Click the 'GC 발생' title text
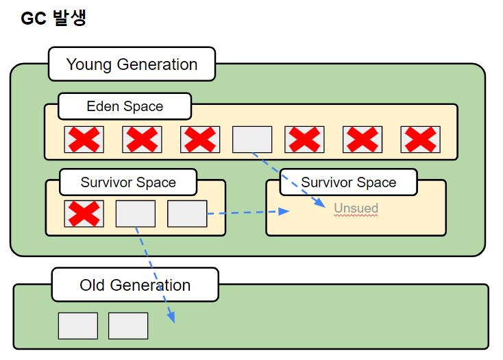pos(53,19)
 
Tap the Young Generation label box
pos(132,64)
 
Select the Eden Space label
pos(125,106)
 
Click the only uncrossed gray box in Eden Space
pos(252,139)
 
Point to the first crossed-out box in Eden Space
pos(84,139)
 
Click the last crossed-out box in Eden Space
pos(420,139)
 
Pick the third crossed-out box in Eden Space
pos(200,139)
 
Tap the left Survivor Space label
pos(128,182)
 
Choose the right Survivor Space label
pos(348,182)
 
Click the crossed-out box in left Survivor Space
pos(84,214)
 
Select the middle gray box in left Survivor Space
pos(136,214)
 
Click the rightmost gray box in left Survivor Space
pos(187,214)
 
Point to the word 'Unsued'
pos(356,208)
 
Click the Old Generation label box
pos(135,285)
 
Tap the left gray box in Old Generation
pos(78,326)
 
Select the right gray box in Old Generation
pos(128,326)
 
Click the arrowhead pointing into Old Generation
pos(171,317)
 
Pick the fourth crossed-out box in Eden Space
pos(304,139)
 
